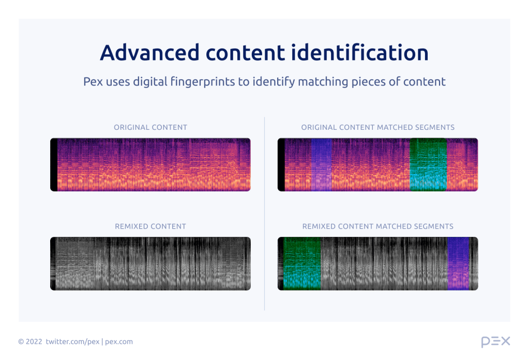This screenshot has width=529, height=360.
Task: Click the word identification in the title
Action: [368, 53]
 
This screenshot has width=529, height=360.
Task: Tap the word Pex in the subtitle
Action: [93, 82]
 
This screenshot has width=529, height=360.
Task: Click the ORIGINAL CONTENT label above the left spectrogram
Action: [150, 127]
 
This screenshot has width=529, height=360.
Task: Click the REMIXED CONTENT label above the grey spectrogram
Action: [150, 226]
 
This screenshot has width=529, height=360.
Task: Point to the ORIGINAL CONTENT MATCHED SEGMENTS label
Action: [378, 127]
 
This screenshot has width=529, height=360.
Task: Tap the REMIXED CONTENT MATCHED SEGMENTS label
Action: [378, 226]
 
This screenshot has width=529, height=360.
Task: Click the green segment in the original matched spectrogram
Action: [428, 164]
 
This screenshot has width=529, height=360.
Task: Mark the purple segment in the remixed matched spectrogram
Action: [458, 263]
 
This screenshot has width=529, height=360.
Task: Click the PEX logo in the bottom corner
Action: [495, 341]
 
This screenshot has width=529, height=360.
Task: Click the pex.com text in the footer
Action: [119, 341]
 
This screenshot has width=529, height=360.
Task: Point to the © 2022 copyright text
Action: [29, 341]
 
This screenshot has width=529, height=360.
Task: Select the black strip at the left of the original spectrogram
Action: [54, 164]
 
